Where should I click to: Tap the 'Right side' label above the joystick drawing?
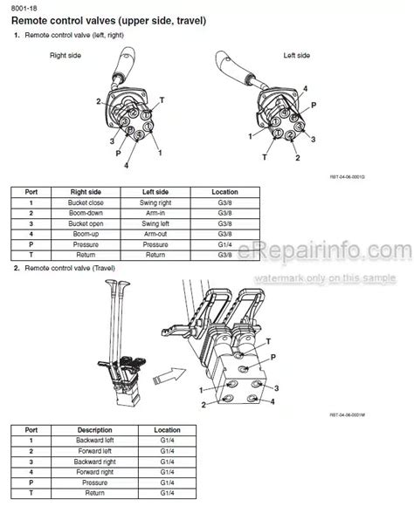coord(66,55)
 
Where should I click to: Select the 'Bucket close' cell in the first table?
coord(86,202)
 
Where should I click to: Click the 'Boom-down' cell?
coord(86,213)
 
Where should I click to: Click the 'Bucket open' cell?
coord(86,223)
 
